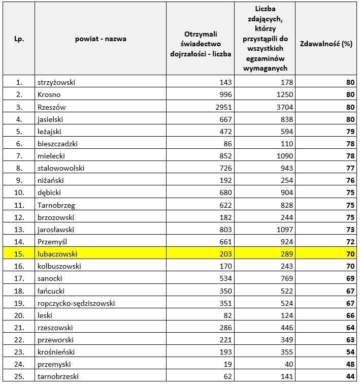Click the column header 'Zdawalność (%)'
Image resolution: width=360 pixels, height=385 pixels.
(326, 44)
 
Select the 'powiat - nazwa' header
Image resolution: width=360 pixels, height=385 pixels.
(101, 39)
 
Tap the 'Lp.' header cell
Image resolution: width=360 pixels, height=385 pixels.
(19, 39)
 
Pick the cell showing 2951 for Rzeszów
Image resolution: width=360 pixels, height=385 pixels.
(221, 107)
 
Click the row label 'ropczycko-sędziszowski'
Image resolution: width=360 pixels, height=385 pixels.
(76, 303)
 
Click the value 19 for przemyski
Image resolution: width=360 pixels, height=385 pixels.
(227, 364)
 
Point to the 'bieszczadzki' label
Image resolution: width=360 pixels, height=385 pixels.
(57, 144)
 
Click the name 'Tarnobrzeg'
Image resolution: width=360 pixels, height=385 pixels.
(55, 205)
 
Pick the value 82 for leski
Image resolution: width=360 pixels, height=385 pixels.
(227, 315)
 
